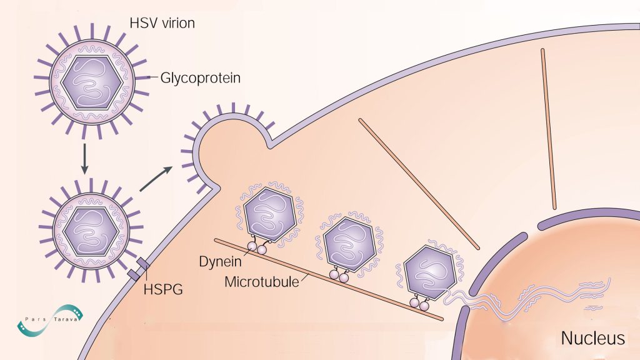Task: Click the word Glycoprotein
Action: click(x=200, y=78)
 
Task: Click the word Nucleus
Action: click(x=592, y=338)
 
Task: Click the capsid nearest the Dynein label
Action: click(x=269, y=213)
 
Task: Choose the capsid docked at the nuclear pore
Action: click(x=429, y=271)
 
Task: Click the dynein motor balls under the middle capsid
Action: click(x=339, y=273)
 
